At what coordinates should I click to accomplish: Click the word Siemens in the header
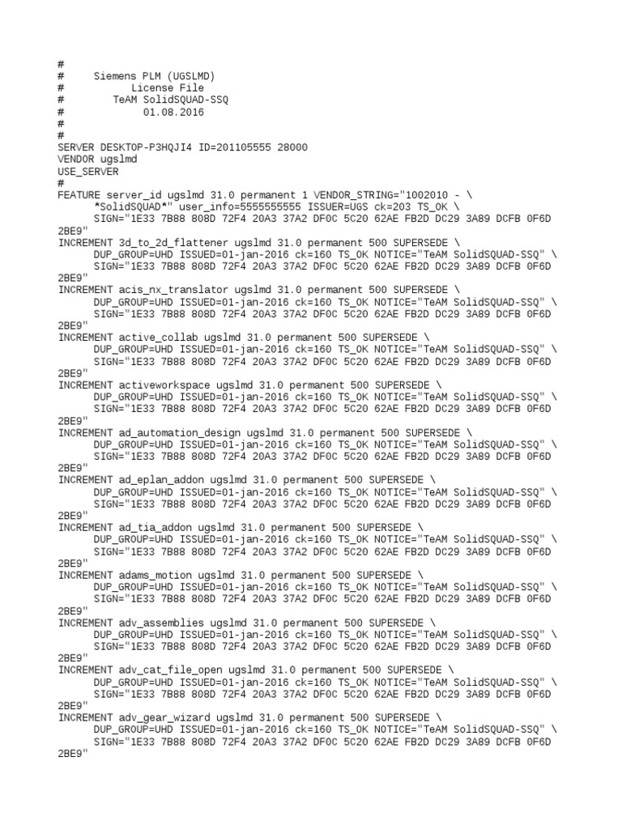coord(115,76)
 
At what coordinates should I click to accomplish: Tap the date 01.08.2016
coord(174,113)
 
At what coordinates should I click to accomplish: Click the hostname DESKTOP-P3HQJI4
coord(145,148)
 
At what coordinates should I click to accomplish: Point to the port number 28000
coord(292,148)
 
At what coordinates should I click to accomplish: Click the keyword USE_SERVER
coord(87,172)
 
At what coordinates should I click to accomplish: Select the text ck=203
coord(385,207)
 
